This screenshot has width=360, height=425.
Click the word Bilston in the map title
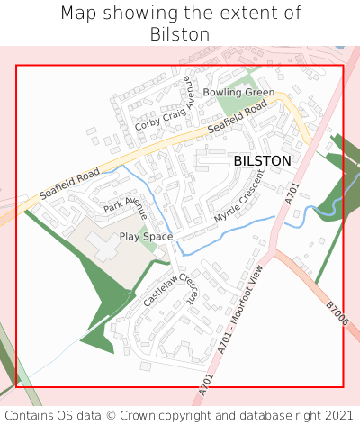[180, 34]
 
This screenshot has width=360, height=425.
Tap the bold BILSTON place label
[262, 160]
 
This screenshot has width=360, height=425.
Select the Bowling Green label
[238, 93]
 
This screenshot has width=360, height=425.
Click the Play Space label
[146, 236]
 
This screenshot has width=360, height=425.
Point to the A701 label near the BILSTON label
[291, 191]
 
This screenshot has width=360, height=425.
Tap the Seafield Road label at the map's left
[68, 183]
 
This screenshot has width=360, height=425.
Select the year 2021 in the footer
[338, 415]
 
